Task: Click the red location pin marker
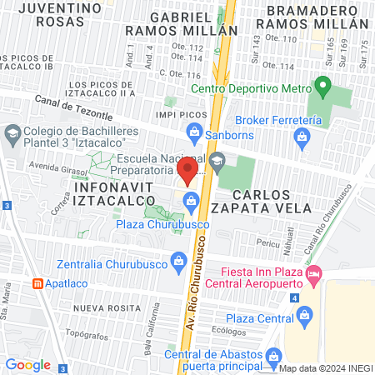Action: click(x=188, y=172)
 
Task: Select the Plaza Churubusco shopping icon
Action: click(x=191, y=200)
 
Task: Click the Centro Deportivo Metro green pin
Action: click(x=322, y=86)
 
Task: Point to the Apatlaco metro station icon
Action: click(x=37, y=282)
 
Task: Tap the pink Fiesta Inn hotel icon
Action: click(x=314, y=272)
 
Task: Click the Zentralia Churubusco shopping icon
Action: click(x=177, y=260)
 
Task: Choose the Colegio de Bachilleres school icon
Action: click(x=12, y=132)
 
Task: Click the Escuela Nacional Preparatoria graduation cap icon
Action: click(x=217, y=162)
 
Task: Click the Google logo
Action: click(x=27, y=364)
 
